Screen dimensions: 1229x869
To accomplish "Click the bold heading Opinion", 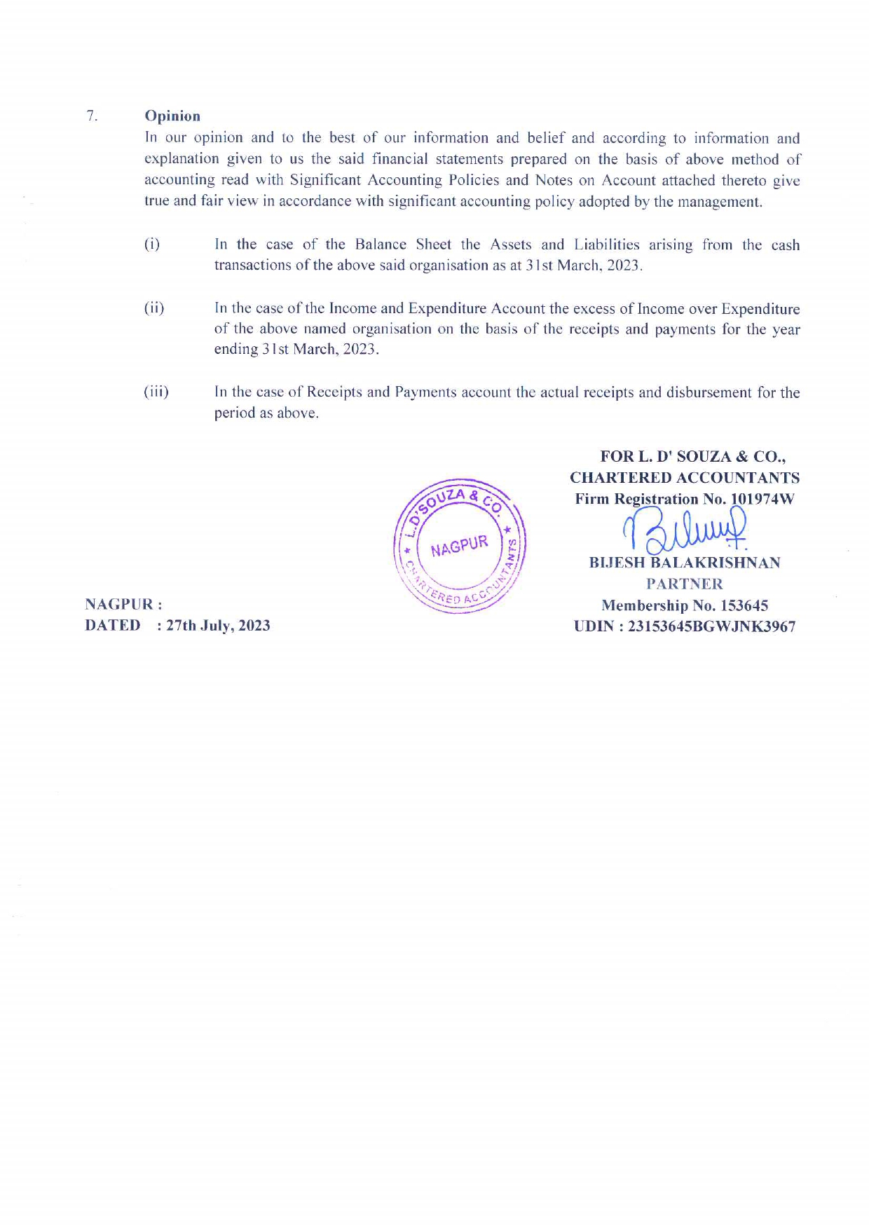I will click(x=172, y=116).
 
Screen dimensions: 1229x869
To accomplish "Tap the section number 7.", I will click(x=91, y=116).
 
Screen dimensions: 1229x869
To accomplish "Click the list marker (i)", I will click(x=152, y=245).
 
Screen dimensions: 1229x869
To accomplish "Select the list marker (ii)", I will click(x=154, y=308).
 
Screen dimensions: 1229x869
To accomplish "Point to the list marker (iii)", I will click(x=156, y=392).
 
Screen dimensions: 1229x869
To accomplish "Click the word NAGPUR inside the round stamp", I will click(x=459, y=545).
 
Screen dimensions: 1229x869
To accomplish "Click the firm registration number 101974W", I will click(x=762, y=499).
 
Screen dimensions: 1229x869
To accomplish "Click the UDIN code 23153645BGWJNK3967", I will click(x=711, y=626).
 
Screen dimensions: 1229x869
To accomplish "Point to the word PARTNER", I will click(x=684, y=584).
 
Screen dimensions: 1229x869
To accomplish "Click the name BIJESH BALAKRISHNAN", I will click(x=685, y=563).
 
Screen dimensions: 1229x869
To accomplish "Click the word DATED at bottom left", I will click(x=113, y=626).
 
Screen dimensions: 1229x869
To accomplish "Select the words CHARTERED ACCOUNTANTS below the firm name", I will click(x=685, y=478).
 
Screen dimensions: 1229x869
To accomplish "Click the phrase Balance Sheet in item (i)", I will click(x=403, y=245).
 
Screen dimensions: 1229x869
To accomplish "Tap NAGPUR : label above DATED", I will click(x=123, y=604).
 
